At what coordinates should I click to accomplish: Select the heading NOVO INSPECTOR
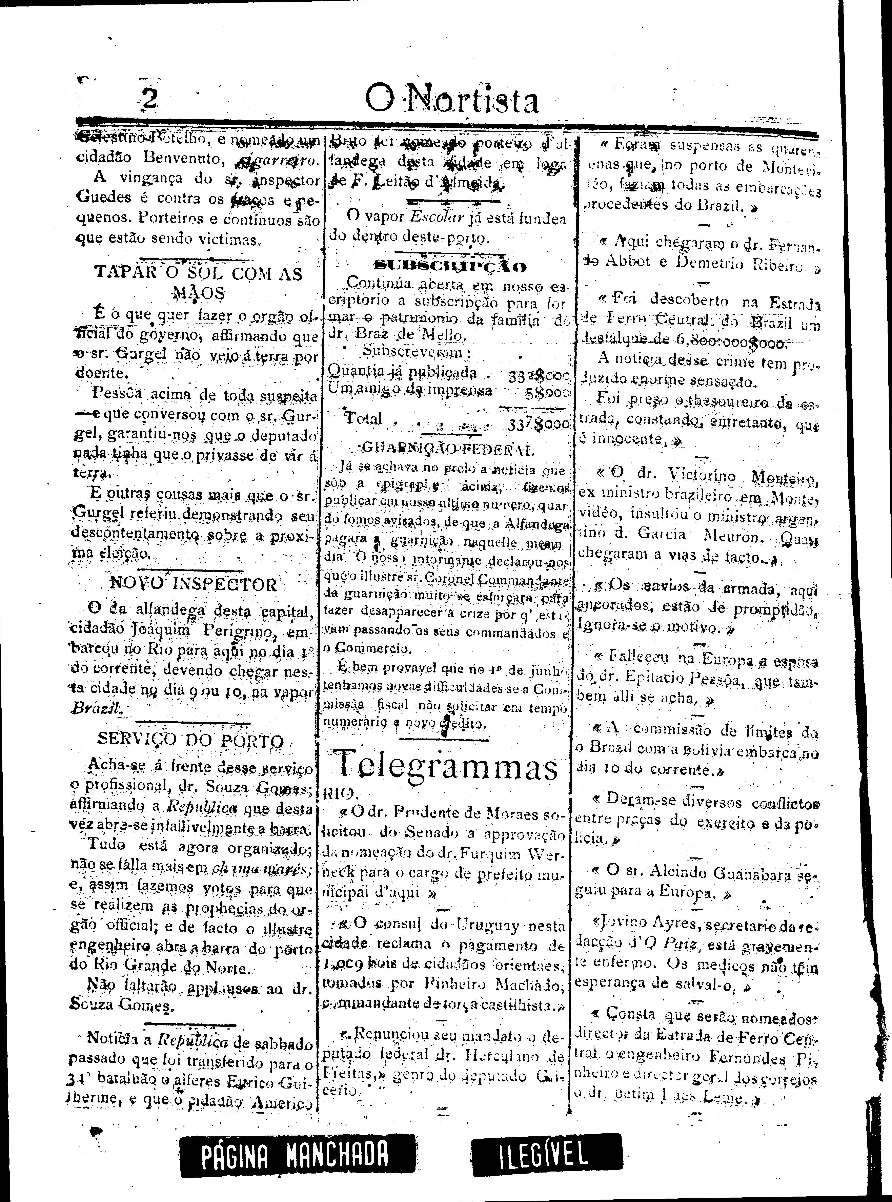click(193, 584)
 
